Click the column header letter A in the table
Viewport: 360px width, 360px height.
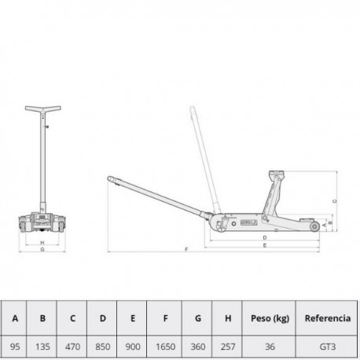coord(15,318)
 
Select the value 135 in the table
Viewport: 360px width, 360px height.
coord(42,347)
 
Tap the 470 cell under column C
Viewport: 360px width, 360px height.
coord(72,347)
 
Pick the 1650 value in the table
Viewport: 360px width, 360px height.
coord(165,347)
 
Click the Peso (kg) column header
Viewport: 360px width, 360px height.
coord(270,318)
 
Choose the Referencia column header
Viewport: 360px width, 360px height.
coord(328,318)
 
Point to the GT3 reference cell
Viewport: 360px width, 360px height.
coord(328,347)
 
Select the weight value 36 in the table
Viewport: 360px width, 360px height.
coord(270,347)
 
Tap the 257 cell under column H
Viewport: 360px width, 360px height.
coord(228,347)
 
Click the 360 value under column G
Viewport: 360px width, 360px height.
coord(198,347)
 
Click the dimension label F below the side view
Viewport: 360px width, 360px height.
coord(186,249)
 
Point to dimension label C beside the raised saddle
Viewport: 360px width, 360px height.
coord(335,201)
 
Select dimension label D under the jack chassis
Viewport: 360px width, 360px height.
coord(265,237)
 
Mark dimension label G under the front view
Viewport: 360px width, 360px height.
coord(42,249)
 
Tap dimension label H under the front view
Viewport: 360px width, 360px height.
coord(42,243)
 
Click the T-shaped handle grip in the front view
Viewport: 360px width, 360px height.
coord(43,108)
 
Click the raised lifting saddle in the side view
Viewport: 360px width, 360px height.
coord(276,174)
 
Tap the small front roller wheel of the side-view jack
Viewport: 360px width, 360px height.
coord(314,226)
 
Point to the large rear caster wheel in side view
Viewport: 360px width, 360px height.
coord(221,226)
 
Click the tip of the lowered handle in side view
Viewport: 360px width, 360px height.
coord(109,178)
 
